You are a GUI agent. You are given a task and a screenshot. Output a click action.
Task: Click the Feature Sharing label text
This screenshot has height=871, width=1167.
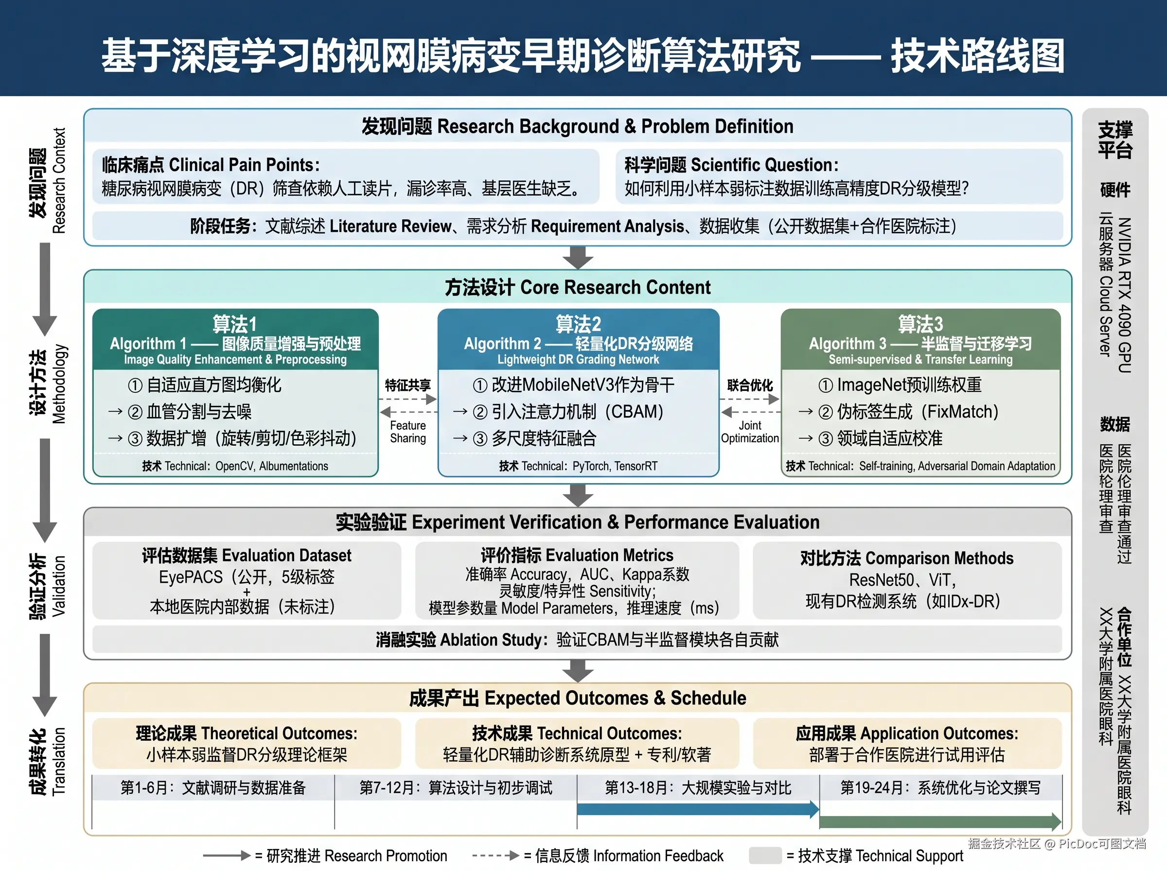pos(407,432)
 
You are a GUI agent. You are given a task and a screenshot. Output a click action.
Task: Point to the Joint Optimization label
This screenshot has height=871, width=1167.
pos(749,432)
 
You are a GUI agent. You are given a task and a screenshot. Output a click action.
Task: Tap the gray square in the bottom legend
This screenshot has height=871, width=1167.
pos(765,855)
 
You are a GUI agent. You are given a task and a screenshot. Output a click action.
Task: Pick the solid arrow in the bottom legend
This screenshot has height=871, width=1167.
pos(226,855)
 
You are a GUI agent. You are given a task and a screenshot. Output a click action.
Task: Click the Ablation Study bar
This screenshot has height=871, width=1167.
pos(577,640)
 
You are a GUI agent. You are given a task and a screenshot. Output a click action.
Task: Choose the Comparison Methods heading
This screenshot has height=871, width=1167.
pos(906,558)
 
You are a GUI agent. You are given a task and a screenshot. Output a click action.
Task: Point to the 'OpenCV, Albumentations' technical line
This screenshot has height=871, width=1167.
pos(272,466)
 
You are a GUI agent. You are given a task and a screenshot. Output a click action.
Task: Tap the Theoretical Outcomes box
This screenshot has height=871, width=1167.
pos(246,743)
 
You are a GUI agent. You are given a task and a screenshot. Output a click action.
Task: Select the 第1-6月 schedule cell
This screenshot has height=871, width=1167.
pos(213,788)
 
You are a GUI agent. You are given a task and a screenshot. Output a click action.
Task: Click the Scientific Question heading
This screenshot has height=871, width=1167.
pos(731,165)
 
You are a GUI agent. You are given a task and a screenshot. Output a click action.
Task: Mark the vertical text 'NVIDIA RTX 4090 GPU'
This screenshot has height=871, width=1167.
pos(1124,295)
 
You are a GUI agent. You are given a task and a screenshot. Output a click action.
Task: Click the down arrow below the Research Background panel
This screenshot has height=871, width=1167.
pos(578,258)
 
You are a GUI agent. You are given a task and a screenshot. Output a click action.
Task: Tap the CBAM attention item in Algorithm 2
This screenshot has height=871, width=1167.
pos(577,412)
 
